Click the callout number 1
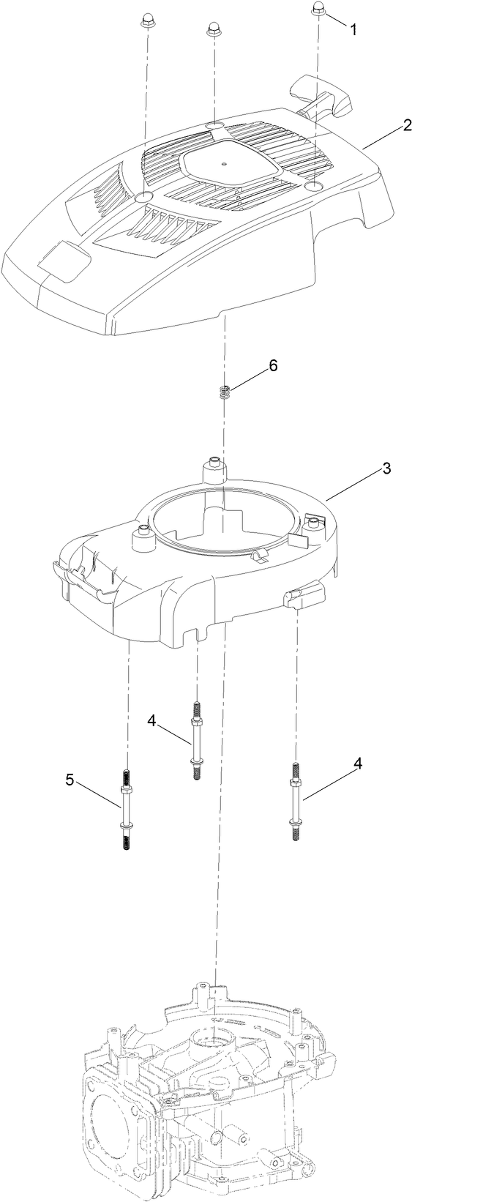point(353,30)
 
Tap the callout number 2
point(407,124)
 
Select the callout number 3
point(387,469)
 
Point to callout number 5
point(70,780)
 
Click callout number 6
point(273,366)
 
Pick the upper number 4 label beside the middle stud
point(151,721)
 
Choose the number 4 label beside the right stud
point(358,763)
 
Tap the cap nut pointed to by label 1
point(318,8)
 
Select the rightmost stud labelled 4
point(296,803)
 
